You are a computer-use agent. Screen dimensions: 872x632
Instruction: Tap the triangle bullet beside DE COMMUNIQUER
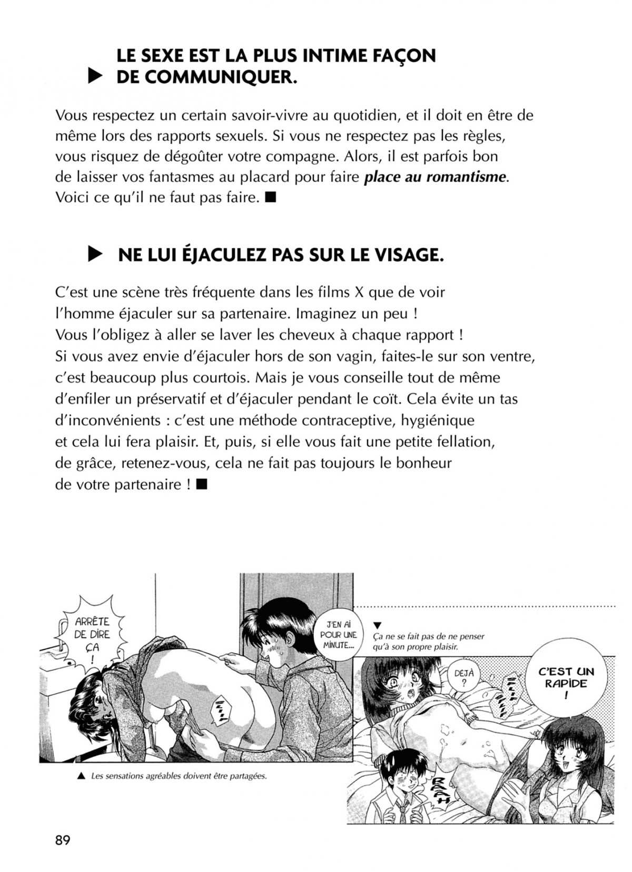click(x=94, y=78)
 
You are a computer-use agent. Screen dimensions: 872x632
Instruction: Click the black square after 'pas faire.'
click(x=271, y=198)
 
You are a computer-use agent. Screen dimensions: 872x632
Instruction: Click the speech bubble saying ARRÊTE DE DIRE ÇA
click(x=91, y=635)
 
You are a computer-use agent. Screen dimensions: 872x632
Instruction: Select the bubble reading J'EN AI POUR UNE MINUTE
click(x=338, y=635)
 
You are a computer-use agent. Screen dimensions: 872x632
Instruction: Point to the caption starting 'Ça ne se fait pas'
click(x=428, y=642)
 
